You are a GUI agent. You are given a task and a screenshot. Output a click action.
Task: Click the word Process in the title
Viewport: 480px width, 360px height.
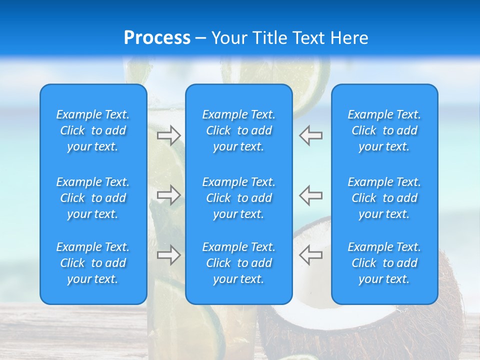coord(157,38)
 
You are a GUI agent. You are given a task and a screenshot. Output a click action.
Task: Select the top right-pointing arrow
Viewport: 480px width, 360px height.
coord(168,135)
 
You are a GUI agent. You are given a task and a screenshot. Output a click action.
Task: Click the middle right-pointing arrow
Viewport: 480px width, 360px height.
coord(168,194)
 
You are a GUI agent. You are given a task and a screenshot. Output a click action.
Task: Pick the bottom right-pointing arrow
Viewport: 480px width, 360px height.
coord(168,254)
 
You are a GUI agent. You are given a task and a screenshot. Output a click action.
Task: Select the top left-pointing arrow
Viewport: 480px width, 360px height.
coord(311,135)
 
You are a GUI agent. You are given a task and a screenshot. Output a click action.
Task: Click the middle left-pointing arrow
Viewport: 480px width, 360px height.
coord(311,194)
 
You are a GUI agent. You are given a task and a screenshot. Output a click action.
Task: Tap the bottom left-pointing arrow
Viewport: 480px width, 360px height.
coord(311,254)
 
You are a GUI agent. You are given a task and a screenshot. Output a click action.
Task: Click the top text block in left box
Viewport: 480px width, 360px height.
coord(93,130)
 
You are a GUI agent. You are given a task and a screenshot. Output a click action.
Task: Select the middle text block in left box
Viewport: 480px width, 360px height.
coord(93,198)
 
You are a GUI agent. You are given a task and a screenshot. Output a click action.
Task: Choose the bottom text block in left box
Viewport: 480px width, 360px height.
coord(93,263)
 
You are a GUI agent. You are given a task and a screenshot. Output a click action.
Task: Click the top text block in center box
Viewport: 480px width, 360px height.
coord(239,130)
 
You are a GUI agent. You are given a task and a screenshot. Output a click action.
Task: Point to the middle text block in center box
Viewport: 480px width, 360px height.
coord(239,198)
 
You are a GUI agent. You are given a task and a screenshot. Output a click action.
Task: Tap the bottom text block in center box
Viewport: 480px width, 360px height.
coord(239,263)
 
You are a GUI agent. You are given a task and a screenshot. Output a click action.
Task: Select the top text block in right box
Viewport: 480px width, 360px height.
coord(384,130)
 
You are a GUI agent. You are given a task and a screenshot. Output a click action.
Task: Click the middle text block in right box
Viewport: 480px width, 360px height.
coord(384,198)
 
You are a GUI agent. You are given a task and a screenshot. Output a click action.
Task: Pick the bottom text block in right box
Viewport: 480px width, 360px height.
coord(384,263)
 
